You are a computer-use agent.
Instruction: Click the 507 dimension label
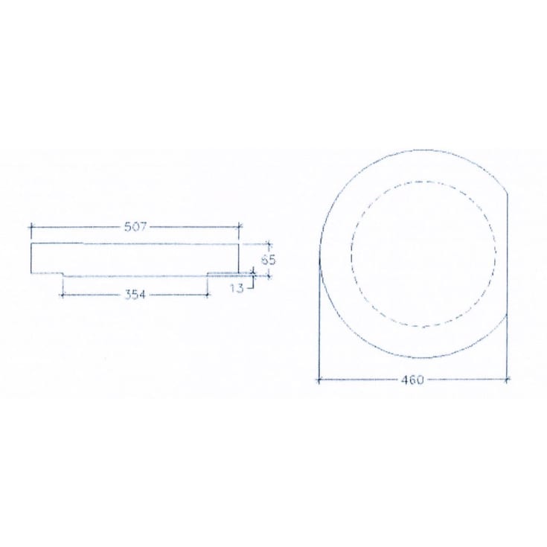135,227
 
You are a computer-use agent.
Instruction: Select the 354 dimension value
135,295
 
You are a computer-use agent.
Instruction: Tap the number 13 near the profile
237,288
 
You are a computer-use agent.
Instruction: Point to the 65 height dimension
269,260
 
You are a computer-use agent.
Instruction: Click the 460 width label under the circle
412,380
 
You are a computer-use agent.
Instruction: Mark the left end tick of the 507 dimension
31,227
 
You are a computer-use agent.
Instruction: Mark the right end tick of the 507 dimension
239,227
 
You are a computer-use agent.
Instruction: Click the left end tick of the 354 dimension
63,295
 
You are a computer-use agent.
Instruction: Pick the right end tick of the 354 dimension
207,295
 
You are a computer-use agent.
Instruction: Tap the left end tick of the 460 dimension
319,380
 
